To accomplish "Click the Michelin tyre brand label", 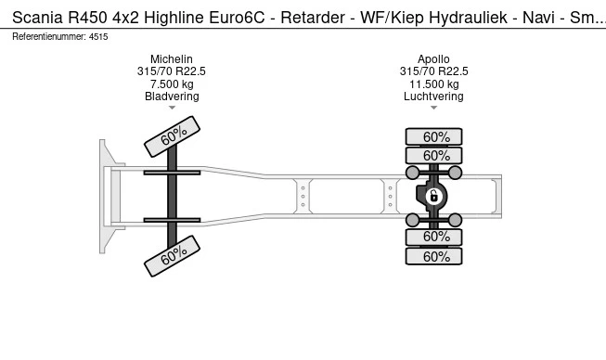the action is pos(171,59).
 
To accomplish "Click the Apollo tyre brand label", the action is pos(433,59).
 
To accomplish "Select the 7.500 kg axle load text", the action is pos(172,84).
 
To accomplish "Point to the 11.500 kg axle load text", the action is pos(434,84).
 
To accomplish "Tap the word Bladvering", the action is pos(172,96).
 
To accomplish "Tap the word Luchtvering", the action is pos(433,96).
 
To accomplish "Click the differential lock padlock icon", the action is pos(433,196).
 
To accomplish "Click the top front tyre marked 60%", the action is pos(172,136).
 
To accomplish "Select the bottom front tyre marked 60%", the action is pos(172,256).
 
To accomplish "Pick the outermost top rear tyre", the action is pos(433,136).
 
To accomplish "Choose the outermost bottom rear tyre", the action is pos(433,256).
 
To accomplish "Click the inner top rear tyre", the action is pos(433,156).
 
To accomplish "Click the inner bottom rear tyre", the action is pos(433,237).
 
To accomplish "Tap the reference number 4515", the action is pos(98,37).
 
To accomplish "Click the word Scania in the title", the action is pos(37,18).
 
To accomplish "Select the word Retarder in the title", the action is pos(313,18).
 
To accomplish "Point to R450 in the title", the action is pos(88,18).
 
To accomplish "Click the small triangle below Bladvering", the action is pos(172,108).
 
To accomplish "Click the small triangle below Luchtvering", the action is pos(433,108).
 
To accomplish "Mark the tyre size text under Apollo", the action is pos(433,71).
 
